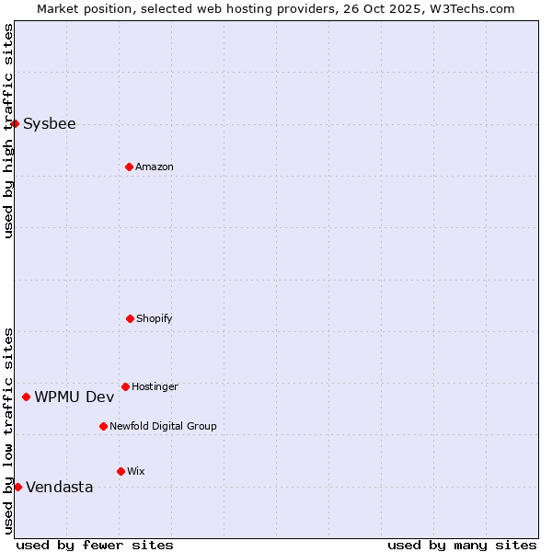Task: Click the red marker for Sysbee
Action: tap(15, 123)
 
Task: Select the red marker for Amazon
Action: tap(129, 167)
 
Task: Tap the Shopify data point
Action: tap(130, 318)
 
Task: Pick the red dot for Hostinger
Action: tap(125, 386)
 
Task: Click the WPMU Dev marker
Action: tap(26, 397)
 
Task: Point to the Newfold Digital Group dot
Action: tap(103, 426)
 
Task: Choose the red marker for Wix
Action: tap(121, 471)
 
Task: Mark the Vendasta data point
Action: tap(17, 487)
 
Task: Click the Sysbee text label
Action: tap(50, 123)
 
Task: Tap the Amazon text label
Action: tap(155, 167)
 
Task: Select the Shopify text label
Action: tap(155, 318)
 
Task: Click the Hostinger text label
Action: tap(155, 386)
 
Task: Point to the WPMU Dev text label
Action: tap(75, 397)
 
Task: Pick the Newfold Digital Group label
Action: tap(163, 426)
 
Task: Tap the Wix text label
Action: tap(136, 471)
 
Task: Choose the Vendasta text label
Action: tap(60, 487)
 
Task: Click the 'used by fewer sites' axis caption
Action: tap(95, 545)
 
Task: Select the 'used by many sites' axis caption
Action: tap(462, 545)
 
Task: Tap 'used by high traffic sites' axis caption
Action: tap(8, 131)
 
